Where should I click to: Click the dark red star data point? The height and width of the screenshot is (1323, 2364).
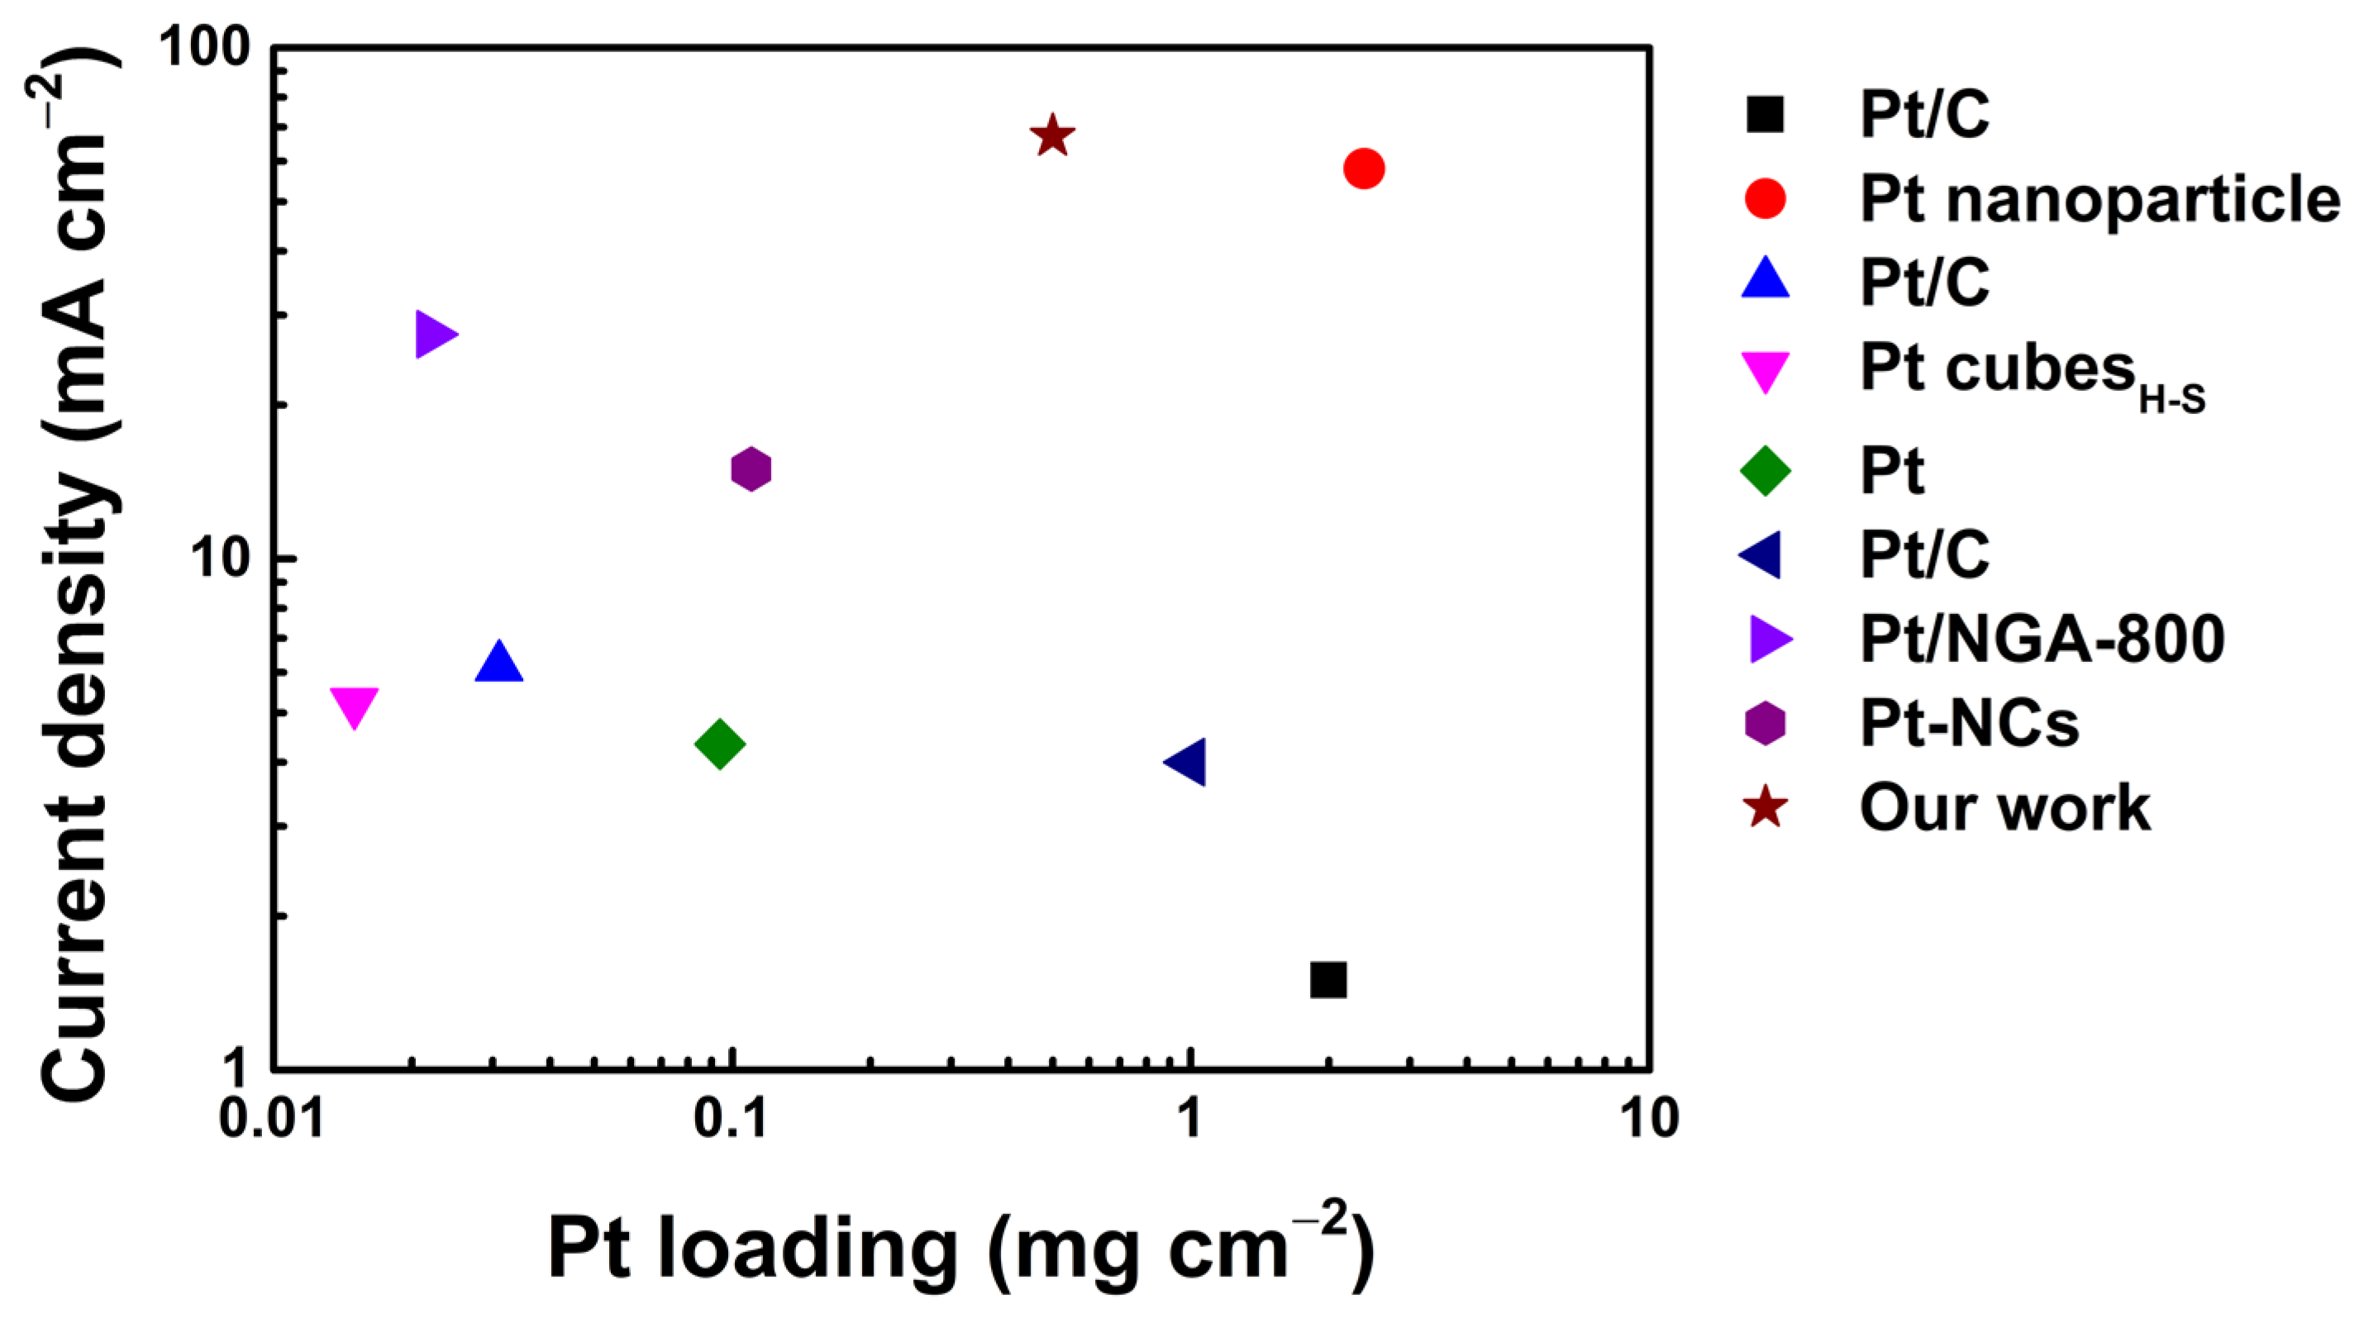(x=1051, y=136)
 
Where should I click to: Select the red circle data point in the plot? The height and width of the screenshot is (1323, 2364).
(x=1364, y=168)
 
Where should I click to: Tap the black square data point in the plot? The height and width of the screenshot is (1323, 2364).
(x=1328, y=980)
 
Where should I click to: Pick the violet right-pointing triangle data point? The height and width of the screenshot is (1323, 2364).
(x=433, y=334)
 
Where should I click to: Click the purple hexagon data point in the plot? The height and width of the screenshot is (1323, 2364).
(x=751, y=469)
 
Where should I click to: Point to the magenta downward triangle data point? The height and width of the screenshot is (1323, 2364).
(x=355, y=706)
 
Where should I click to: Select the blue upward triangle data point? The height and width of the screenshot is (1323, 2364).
(x=498, y=664)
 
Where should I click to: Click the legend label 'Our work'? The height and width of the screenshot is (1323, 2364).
(x=2004, y=808)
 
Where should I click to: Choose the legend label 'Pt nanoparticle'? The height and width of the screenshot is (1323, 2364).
(x=2099, y=198)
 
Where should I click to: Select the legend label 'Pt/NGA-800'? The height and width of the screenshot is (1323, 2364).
(x=2042, y=639)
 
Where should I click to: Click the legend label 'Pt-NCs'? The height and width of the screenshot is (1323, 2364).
(x=1968, y=723)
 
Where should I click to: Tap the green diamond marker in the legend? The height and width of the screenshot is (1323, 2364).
(x=1765, y=471)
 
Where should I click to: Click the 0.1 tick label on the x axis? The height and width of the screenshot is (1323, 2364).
(x=731, y=1118)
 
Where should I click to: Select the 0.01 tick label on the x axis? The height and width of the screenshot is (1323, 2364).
(x=273, y=1118)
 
